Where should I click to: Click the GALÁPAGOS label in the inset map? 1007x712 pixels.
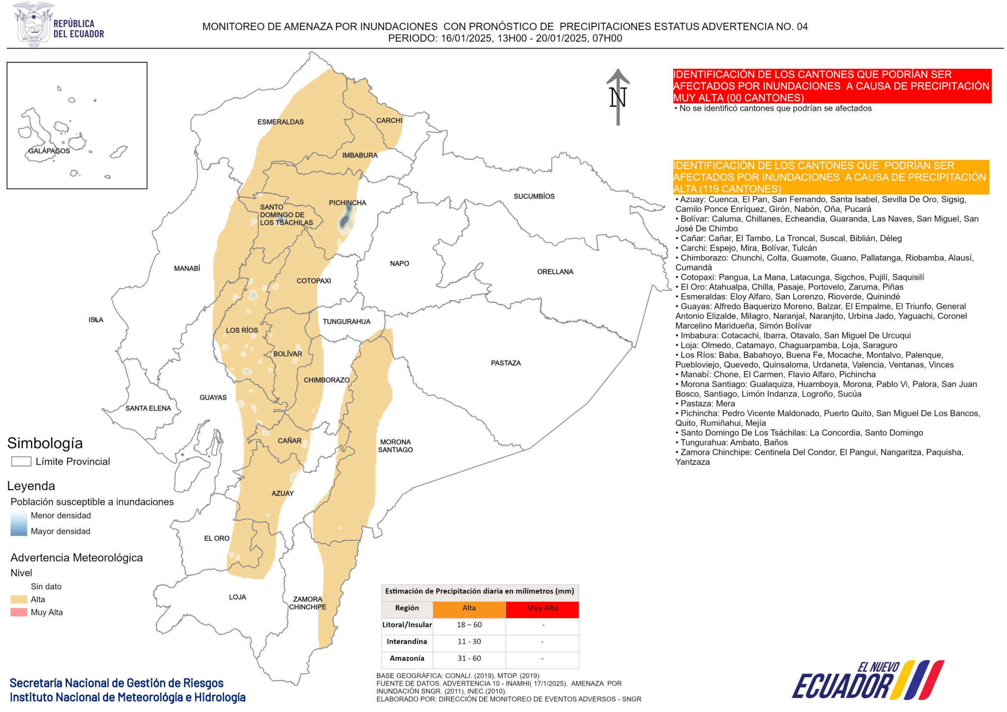pyautogui.click(x=49, y=151)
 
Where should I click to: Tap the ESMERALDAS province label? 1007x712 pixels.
pyautogui.click(x=280, y=122)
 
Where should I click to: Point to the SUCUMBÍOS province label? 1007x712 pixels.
pyautogui.click(x=534, y=196)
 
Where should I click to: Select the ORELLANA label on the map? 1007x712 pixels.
pyautogui.click(x=555, y=271)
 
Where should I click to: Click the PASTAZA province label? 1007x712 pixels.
pyautogui.click(x=505, y=363)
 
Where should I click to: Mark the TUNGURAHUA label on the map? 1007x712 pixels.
pyautogui.click(x=346, y=322)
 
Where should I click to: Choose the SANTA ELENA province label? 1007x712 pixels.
pyautogui.click(x=148, y=408)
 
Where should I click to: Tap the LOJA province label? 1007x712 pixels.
pyautogui.click(x=237, y=597)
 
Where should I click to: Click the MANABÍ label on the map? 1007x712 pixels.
pyautogui.click(x=187, y=268)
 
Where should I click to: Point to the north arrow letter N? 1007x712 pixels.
pyautogui.click(x=618, y=97)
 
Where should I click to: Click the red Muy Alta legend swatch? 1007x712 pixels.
pyautogui.click(x=19, y=612)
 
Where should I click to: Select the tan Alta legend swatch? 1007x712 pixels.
pyautogui.click(x=19, y=599)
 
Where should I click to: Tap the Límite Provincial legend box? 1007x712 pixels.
pyautogui.click(x=21, y=461)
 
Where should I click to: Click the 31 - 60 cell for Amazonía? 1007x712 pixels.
pyautogui.click(x=469, y=658)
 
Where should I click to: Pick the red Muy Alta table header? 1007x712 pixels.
pyautogui.click(x=542, y=608)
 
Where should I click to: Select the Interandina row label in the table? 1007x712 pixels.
pyautogui.click(x=407, y=642)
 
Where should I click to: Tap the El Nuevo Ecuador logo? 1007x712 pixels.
pyautogui.click(x=867, y=681)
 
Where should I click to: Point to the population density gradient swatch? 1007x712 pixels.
pyautogui.click(x=19, y=523)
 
